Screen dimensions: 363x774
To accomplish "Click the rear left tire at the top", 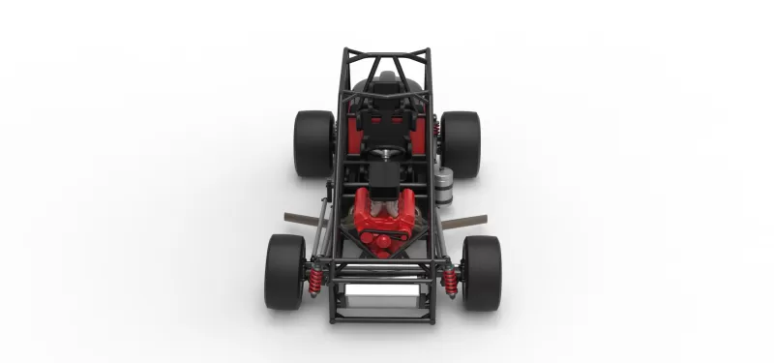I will [x=313, y=143].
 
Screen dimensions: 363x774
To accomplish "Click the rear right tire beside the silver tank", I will [x=461, y=143].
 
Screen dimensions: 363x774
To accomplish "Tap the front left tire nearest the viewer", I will [x=284, y=272].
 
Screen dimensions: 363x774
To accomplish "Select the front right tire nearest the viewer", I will [x=481, y=272].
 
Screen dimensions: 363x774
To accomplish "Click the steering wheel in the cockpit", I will [x=386, y=152].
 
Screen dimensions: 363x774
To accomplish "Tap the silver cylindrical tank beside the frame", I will [x=444, y=184].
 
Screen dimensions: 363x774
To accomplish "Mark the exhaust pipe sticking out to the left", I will [x=305, y=220].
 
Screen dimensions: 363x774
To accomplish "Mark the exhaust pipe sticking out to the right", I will [x=463, y=222].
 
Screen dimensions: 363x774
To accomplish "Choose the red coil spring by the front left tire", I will [x=315, y=281].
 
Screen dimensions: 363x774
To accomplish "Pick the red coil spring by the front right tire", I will [x=450, y=281].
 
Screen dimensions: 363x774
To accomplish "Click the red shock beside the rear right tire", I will [x=437, y=128].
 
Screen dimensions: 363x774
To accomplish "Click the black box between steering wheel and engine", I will [x=385, y=176].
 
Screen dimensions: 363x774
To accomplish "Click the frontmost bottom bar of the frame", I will [x=382, y=318].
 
